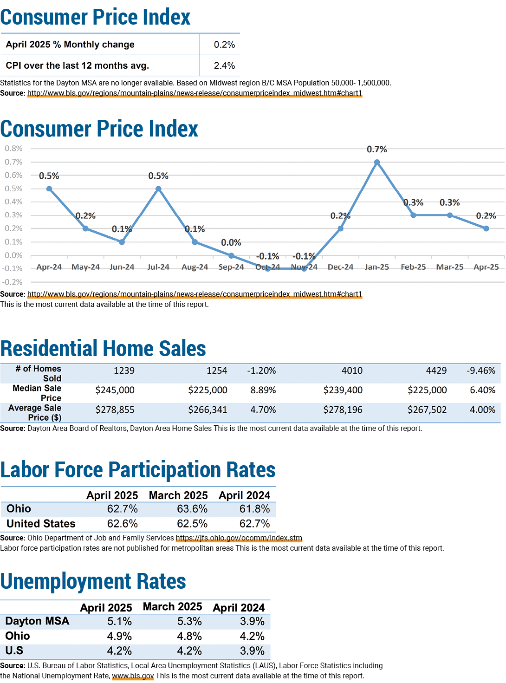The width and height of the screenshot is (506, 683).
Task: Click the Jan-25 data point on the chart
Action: click(376, 162)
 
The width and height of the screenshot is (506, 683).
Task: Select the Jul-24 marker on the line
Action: click(158, 189)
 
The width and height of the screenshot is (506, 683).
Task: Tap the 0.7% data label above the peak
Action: click(376, 150)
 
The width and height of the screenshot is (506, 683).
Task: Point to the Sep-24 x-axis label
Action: click(231, 267)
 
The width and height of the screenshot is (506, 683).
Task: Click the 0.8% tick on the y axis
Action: click(13, 149)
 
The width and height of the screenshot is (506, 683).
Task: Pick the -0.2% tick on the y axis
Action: click(13, 282)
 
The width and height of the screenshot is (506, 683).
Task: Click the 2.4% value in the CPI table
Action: click(224, 65)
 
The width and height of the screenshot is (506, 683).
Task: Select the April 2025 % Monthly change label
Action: click(70, 45)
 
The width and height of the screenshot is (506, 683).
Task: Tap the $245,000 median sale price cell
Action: click(115, 390)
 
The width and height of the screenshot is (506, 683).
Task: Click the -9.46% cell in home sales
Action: click(481, 371)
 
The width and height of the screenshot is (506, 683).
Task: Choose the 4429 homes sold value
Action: click(436, 371)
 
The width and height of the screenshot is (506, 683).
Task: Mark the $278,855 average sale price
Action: click(115, 410)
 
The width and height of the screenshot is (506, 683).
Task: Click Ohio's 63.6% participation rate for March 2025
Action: click(192, 509)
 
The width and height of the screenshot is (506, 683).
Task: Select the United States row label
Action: click(41, 523)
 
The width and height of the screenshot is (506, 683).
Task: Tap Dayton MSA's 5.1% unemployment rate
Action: click(119, 621)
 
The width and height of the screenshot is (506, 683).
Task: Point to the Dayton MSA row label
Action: click(37, 621)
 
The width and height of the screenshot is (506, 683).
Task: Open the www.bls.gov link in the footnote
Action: click(133, 676)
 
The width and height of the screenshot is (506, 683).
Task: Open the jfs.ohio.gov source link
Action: click(239, 538)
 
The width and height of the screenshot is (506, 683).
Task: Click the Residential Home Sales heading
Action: click(103, 348)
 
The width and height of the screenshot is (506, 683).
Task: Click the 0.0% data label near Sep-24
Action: click(231, 243)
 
